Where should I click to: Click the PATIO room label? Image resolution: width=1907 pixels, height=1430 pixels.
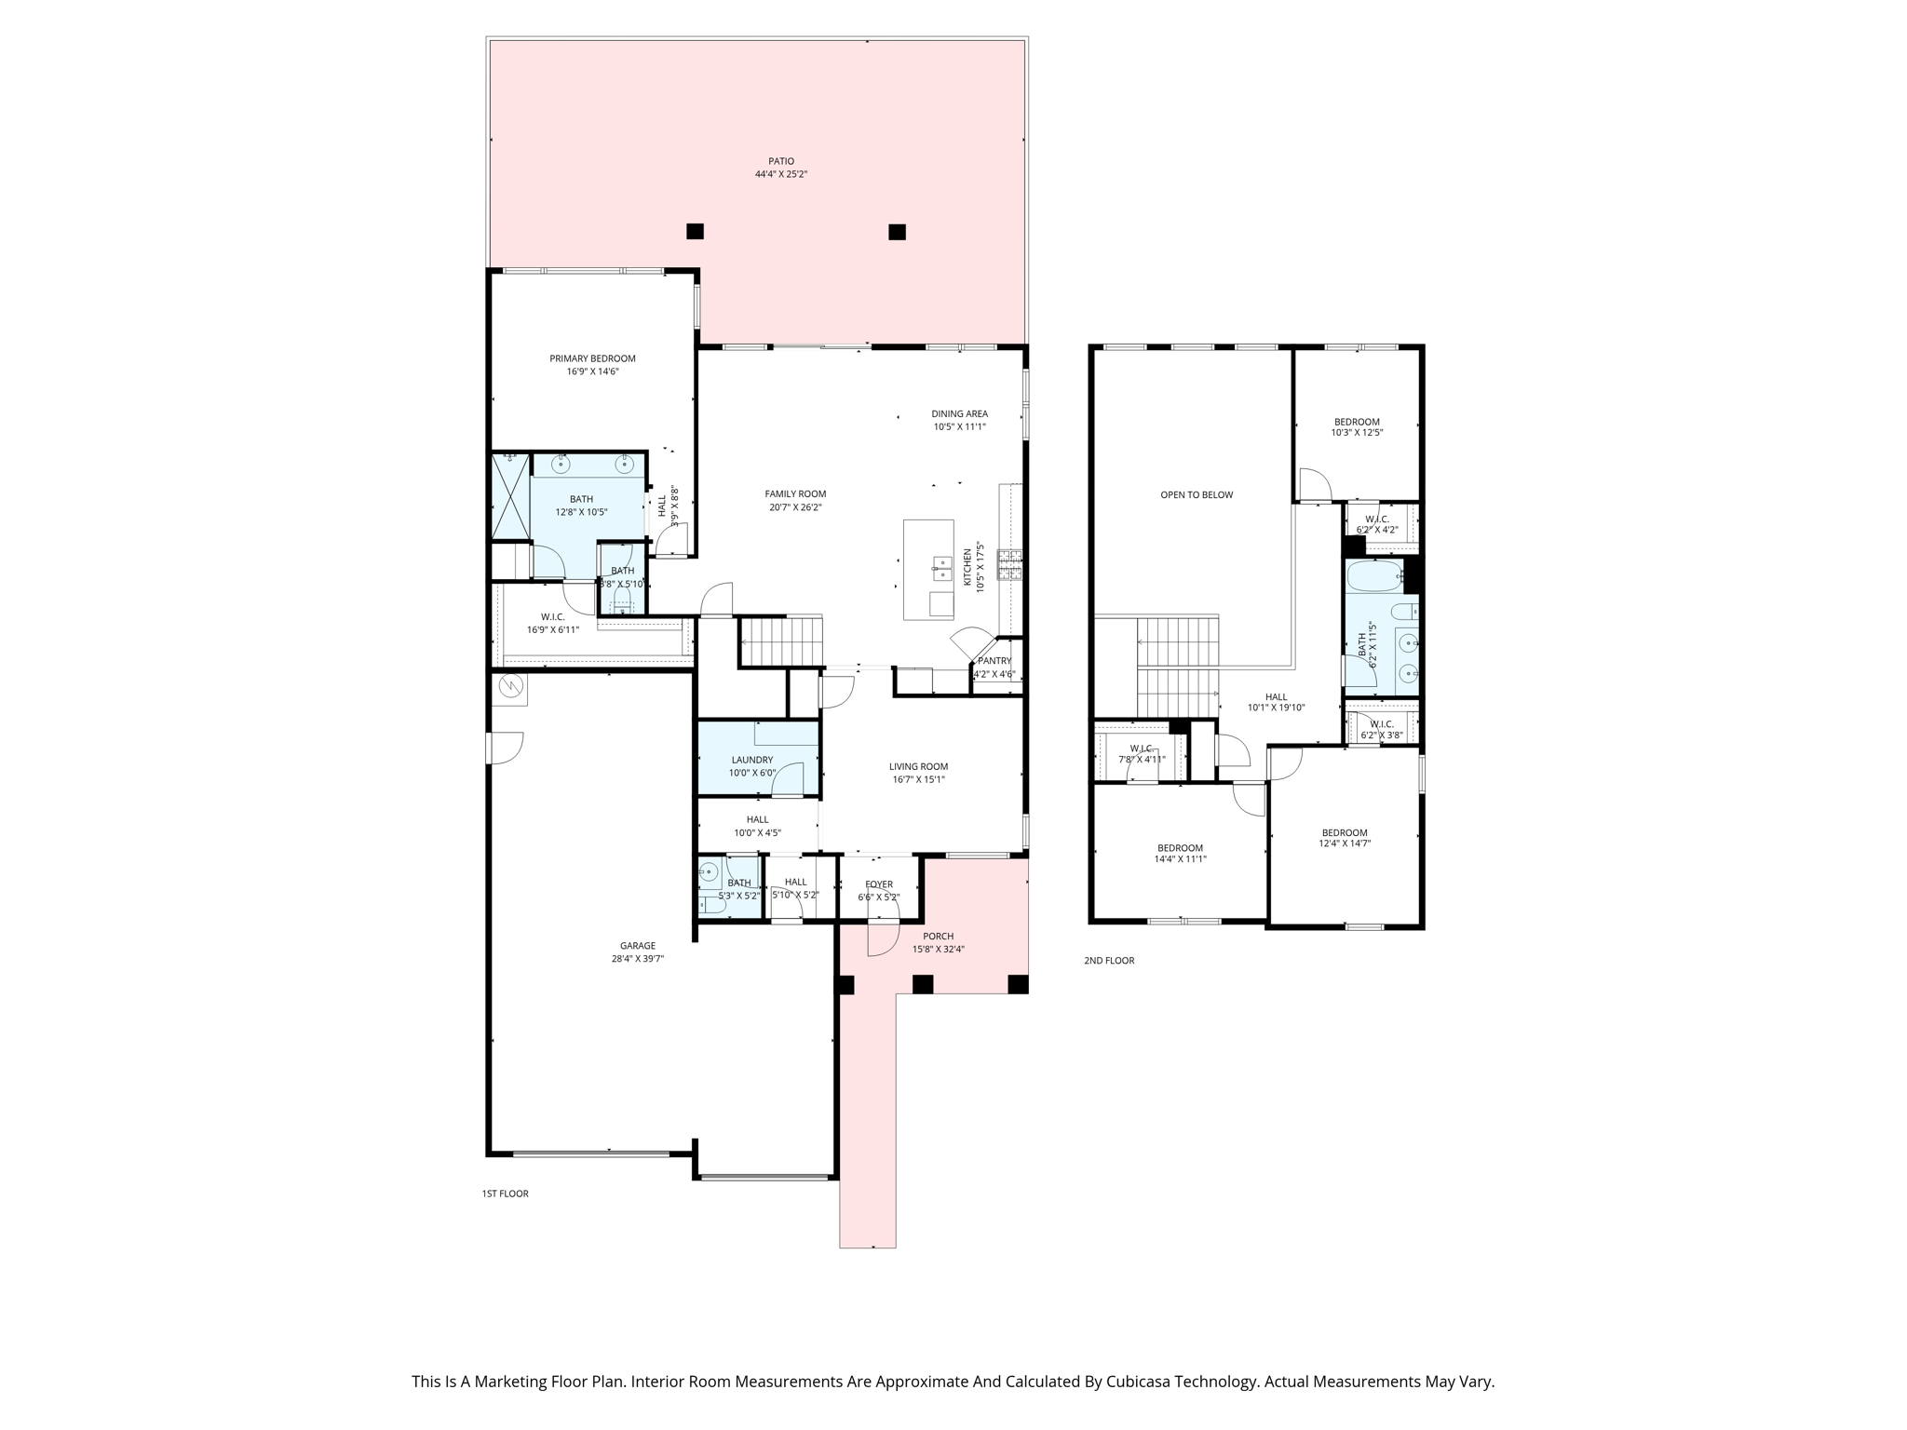(780, 161)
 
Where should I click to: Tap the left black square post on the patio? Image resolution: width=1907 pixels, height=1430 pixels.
(695, 231)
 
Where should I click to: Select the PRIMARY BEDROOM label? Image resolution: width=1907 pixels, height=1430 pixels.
(592, 358)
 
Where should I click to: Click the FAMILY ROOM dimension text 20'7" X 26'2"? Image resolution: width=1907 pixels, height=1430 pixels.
(795, 507)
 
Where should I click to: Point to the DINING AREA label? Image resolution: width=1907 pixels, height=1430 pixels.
(959, 413)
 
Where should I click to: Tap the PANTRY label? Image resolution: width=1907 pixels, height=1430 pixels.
(994, 661)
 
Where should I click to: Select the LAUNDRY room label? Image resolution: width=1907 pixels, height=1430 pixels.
(751, 760)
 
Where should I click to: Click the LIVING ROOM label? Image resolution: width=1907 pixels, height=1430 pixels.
(918, 766)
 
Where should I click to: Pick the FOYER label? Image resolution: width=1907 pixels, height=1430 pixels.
(878, 884)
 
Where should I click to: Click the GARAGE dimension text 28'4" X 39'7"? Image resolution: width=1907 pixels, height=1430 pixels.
(637, 959)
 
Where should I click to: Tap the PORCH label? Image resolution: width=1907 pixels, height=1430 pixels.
(938, 937)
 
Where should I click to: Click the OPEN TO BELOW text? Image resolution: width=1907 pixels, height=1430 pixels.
(1196, 494)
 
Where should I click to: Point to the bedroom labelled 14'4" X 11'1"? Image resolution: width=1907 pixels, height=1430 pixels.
(1179, 848)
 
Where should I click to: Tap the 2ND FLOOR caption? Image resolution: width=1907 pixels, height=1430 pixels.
(1108, 960)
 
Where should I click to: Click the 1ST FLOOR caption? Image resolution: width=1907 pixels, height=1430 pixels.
(505, 1194)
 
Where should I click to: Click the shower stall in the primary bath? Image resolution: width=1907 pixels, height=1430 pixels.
(510, 496)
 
